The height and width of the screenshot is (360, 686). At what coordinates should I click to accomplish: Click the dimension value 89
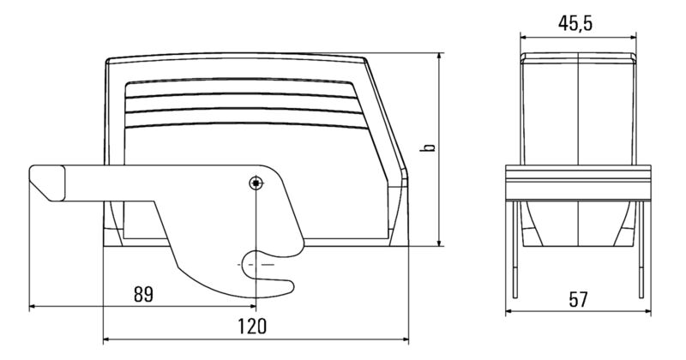pyautogui.click(x=143, y=294)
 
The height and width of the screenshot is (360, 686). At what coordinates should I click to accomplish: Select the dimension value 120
pyautogui.click(x=251, y=327)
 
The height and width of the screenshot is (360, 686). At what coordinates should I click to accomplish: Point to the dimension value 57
pyautogui.click(x=579, y=299)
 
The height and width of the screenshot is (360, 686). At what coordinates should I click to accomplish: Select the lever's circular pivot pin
pyautogui.click(x=255, y=183)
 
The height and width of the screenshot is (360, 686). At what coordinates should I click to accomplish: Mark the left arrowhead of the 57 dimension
pyautogui.click(x=513, y=311)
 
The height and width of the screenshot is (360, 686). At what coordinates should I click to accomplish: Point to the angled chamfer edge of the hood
pyautogui.click(x=388, y=111)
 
